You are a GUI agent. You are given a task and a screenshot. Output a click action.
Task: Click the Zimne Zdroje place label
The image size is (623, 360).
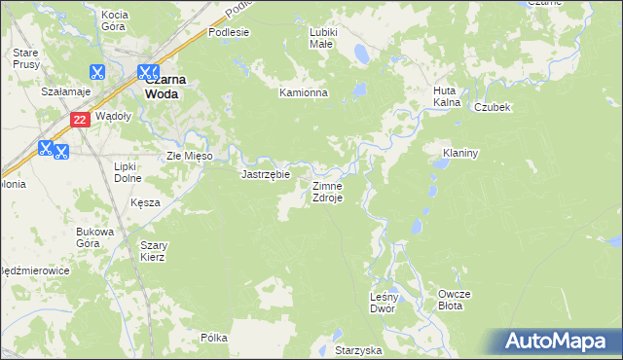pos(326,191)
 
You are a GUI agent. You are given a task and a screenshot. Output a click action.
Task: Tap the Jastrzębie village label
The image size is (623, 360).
pos(266,174)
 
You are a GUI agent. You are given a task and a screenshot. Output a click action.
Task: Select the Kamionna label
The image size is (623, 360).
pos(304,93)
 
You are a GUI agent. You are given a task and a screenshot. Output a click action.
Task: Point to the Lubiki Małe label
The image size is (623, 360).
pos(322,38)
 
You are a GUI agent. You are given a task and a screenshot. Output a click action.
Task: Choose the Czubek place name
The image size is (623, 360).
pos(493,107)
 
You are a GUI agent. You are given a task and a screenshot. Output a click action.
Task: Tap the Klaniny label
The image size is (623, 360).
pos(459,153)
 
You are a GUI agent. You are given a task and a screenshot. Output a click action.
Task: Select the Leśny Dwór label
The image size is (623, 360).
pos(383,303)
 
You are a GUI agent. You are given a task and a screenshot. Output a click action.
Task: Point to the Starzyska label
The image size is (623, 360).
pos(357,349)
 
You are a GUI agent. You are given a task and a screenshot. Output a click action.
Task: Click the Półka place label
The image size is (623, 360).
pos(213,338)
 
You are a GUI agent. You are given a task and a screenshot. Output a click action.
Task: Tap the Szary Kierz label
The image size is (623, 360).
pos(153,251)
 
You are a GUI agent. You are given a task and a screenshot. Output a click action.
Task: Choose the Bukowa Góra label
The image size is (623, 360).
pos(95,237)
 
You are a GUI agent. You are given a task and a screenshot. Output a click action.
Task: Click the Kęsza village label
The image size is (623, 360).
pos(144,202)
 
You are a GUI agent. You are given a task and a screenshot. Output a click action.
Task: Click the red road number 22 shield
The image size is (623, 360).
pos(81,119)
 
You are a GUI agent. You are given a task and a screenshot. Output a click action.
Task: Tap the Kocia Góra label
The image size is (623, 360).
pos(115,20)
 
